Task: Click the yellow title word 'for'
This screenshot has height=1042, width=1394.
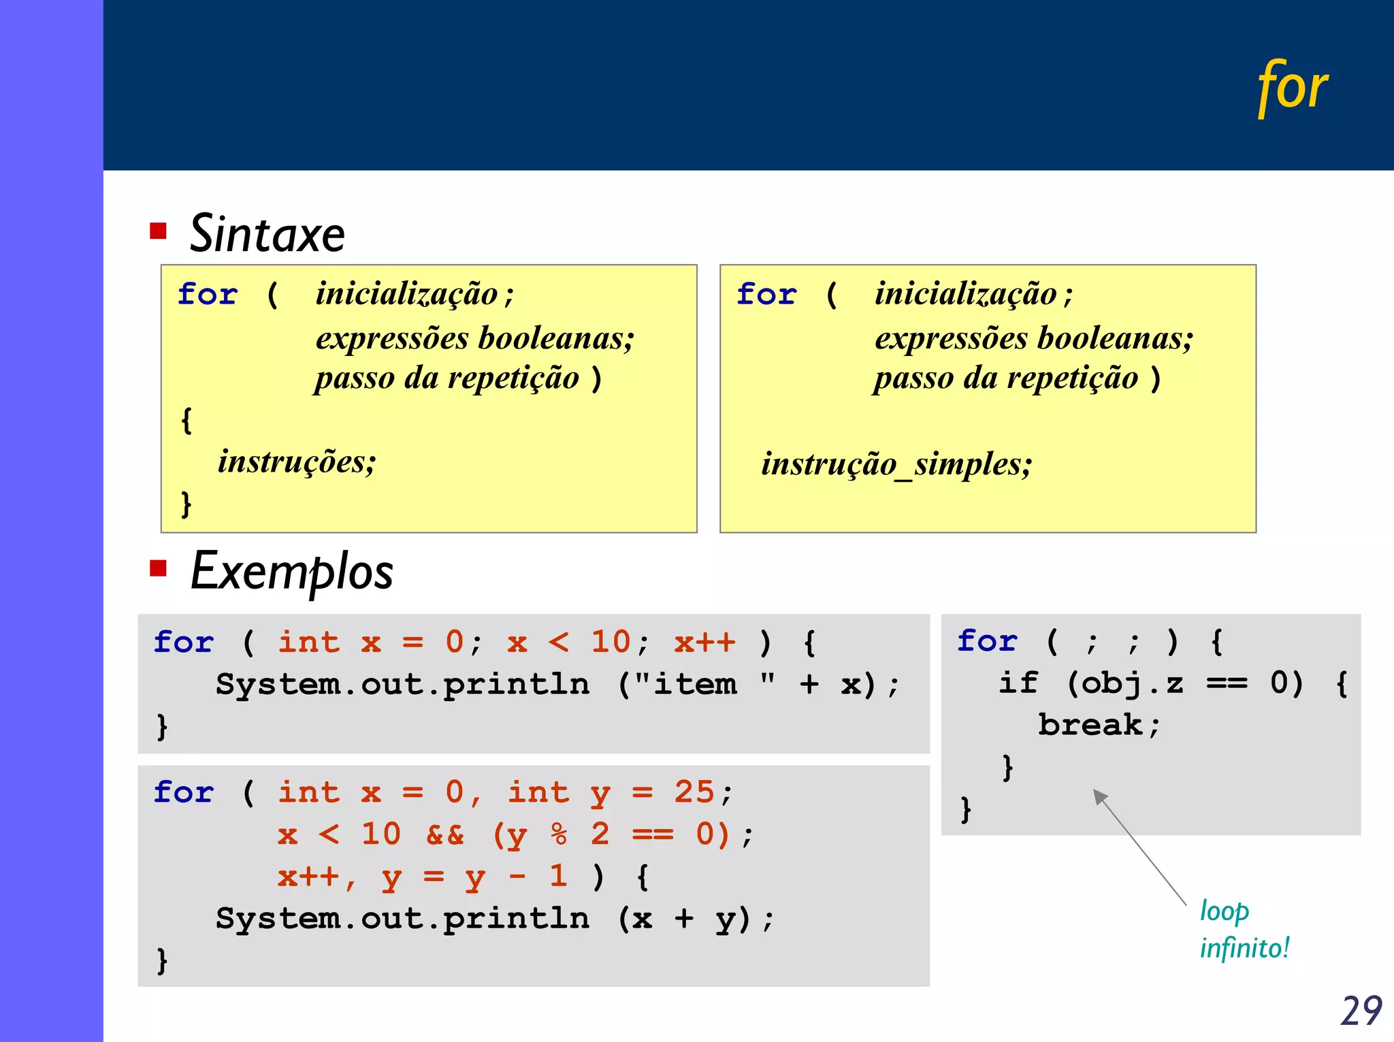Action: (1291, 88)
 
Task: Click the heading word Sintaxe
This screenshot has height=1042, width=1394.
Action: (267, 234)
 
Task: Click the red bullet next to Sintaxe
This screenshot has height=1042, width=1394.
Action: (158, 231)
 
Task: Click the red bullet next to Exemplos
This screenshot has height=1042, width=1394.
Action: (158, 568)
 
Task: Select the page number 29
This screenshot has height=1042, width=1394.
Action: (1361, 1011)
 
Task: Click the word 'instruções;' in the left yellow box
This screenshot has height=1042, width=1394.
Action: (297, 462)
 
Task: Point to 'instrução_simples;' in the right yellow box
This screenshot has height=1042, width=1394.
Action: (896, 465)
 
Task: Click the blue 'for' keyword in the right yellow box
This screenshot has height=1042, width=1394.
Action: (766, 295)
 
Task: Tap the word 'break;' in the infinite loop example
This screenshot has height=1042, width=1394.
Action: (1098, 726)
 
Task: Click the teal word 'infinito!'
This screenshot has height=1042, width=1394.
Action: (1244, 948)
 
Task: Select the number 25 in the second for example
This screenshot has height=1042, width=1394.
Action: (694, 792)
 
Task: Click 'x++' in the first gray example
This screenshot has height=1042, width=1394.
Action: (704, 642)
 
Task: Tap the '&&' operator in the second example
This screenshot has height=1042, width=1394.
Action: (444, 834)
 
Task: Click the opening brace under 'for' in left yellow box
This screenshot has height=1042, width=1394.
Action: (187, 421)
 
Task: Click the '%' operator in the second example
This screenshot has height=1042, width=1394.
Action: (559, 834)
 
